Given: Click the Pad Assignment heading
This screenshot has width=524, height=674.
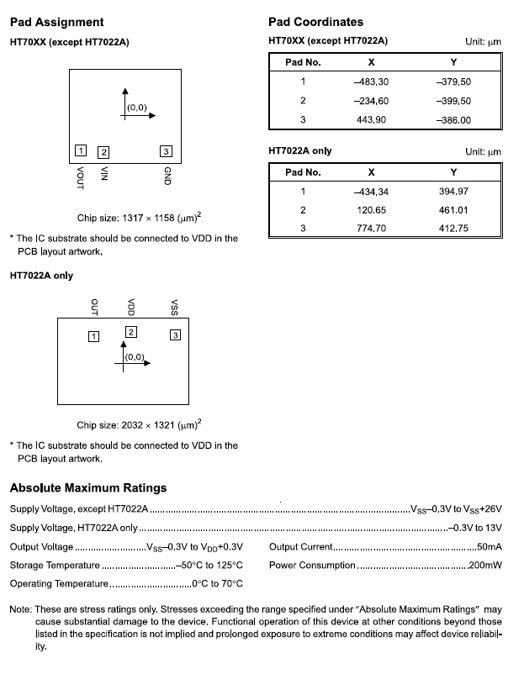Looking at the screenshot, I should pos(56,22).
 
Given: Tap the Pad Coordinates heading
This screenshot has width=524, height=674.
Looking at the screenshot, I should pos(315,22).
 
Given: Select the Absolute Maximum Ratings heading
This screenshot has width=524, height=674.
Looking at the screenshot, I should pos(88,487).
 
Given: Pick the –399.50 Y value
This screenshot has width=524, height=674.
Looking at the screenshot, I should pos(454,101).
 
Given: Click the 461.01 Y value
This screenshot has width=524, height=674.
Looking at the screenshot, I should pos(454,209).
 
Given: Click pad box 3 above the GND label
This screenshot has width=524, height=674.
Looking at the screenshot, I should pos(166,151).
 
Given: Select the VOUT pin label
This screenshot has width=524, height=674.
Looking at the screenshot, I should pos(80,176).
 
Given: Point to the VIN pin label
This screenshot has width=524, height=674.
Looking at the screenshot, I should pos(104,174).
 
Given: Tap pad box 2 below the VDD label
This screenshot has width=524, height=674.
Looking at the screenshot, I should pos(130,332).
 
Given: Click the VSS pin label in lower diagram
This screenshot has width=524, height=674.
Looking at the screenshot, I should pos(174,306).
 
